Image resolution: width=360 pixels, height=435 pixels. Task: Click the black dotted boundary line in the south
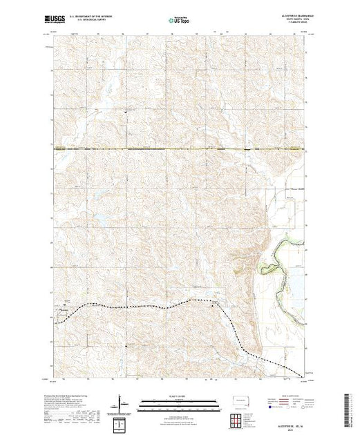[x=138, y=307]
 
